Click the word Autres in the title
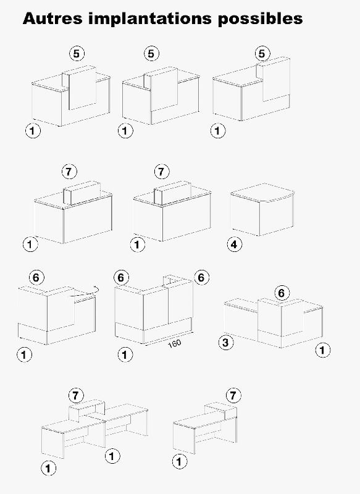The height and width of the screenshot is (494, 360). [52, 19]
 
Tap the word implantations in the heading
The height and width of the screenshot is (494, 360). [150, 19]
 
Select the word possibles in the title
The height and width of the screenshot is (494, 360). [260, 19]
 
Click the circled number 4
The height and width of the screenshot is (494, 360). [235, 245]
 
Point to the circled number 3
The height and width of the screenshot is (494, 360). [226, 343]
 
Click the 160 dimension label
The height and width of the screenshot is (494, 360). [174, 343]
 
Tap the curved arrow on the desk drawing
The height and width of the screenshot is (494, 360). [85, 292]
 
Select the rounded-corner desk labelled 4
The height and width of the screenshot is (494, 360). [262, 209]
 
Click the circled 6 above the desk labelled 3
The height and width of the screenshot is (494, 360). [281, 293]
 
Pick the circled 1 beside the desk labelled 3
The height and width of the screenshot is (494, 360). [323, 350]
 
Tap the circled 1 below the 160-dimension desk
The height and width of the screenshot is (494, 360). [125, 354]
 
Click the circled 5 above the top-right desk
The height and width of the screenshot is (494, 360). [262, 54]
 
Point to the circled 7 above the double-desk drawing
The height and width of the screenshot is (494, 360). [76, 395]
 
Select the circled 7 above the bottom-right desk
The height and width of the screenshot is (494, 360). [233, 395]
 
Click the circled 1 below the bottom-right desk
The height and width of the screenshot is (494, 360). [180, 462]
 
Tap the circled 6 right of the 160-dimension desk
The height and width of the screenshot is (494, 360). [201, 277]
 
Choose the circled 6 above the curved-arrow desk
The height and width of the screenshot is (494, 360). [36, 277]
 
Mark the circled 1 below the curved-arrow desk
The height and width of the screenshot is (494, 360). [24, 354]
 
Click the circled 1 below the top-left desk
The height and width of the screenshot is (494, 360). [33, 130]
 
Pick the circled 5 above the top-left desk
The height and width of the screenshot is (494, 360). [77, 54]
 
